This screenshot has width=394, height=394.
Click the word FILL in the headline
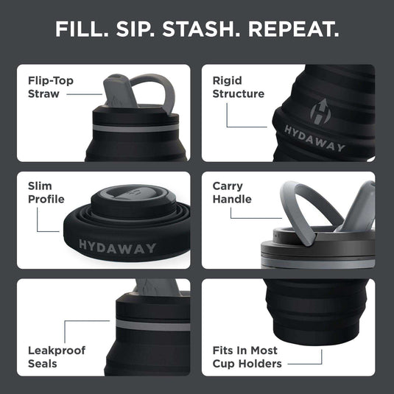point(83,30)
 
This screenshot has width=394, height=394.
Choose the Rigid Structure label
point(238,87)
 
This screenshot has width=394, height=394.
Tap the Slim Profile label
point(46,193)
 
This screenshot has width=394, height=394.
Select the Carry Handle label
point(232,193)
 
